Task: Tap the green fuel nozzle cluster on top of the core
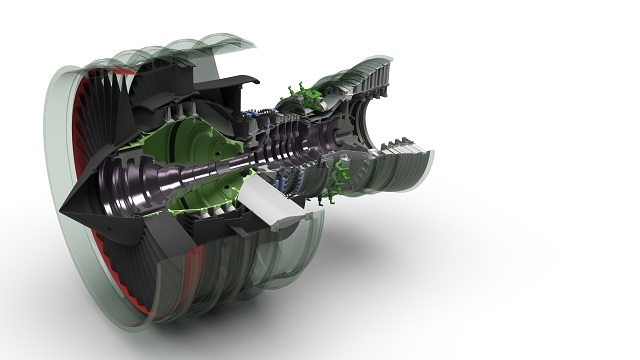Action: [x=300, y=100]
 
